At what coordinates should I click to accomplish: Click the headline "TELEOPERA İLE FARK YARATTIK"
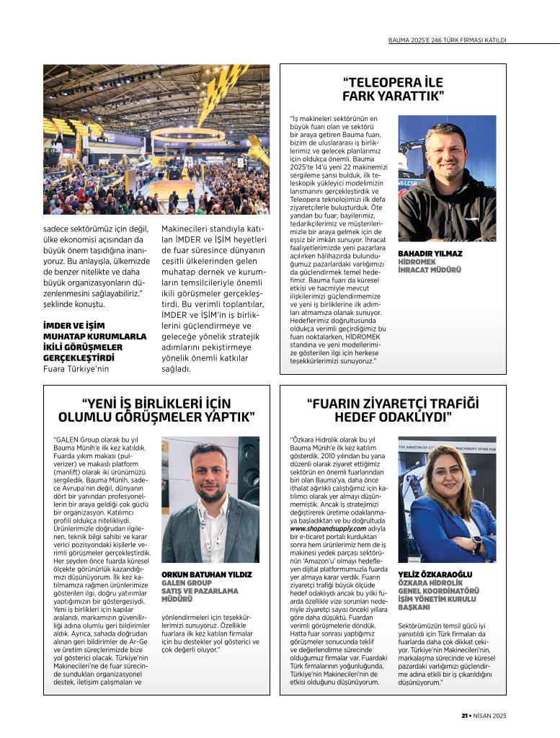coord(393,89)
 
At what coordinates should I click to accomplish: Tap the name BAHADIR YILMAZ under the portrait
coord(430,254)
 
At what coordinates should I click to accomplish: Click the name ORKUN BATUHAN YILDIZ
coord(207,574)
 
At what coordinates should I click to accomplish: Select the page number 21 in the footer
coord(466,716)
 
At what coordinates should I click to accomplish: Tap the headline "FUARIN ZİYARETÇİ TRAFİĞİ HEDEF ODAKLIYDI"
coord(393,410)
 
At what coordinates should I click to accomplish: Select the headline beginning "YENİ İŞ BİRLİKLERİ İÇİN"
coord(156,410)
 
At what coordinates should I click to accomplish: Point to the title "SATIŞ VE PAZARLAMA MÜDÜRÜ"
coord(200,595)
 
